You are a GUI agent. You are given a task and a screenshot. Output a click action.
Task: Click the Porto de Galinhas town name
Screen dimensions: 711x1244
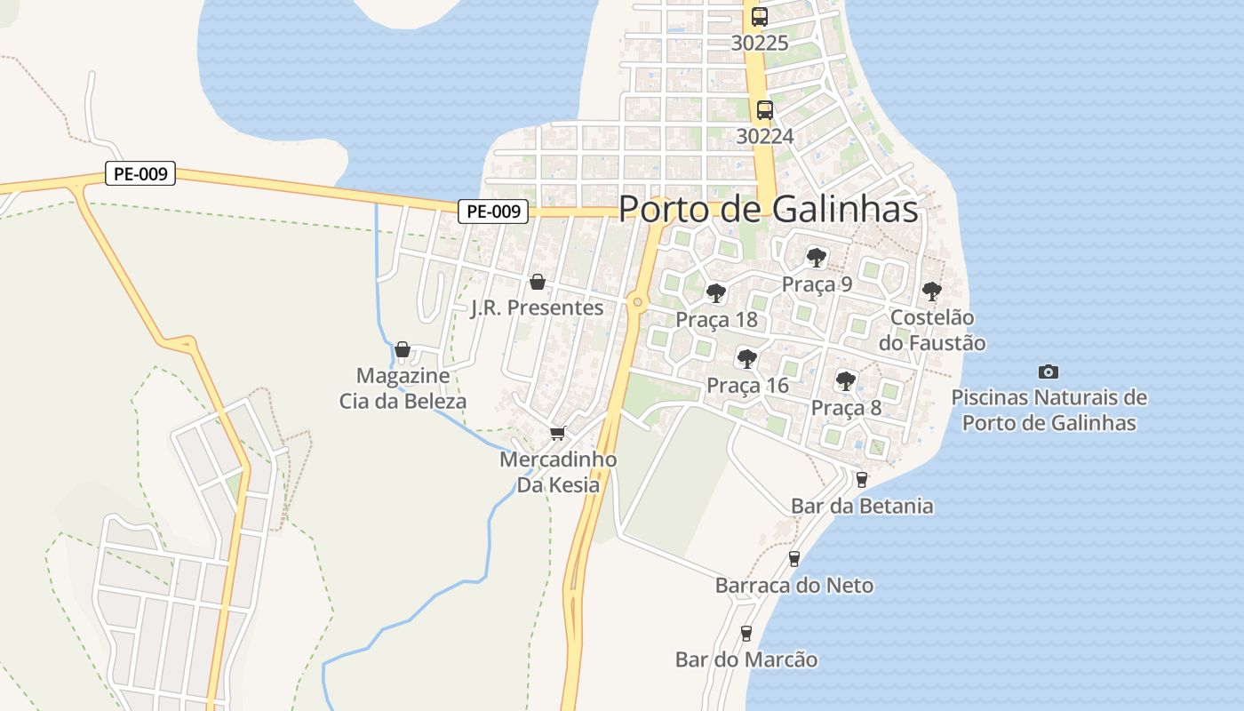pyautogui.click(x=768, y=208)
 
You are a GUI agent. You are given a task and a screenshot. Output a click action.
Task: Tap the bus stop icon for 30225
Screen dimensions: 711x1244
pyautogui.click(x=759, y=17)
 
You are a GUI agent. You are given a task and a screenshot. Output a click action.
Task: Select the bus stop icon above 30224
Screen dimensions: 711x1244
pyautogui.click(x=764, y=110)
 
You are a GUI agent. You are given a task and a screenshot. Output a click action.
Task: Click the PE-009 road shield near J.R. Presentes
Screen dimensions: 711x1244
pyautogui.click(x=493, y=212)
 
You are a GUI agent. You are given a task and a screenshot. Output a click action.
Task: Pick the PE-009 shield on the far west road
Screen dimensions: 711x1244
pyautogui.click(x=140, y=173)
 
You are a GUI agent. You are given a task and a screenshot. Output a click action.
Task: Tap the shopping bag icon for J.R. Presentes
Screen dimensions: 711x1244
pyautogui.click(x=537, y=283)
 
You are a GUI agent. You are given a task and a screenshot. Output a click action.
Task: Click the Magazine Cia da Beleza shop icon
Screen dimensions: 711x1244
pyautogui.click(x=403, y=349)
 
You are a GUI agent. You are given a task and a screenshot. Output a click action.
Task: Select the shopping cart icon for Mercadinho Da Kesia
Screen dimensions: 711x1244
pyautogui.click(x=557, y=434)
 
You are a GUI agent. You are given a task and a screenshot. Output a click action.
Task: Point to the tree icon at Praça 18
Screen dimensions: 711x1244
pyautogui.click(x=715, y=293)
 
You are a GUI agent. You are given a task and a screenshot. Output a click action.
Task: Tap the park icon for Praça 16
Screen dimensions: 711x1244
pyautogui.click(x=747, y=359)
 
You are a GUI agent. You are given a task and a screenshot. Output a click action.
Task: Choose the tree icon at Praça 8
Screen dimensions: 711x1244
pyautogui.click(x=846, y=381)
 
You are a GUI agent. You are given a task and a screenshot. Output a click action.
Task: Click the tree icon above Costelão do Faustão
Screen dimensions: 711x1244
pyautogui.click(x=931, y=292)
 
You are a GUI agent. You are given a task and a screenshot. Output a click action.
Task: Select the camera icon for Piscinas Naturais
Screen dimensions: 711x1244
pyautogui.click(x=1049, y=371)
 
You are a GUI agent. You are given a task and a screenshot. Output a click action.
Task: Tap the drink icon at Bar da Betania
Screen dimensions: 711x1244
pyautogui.click(x=861, y=480)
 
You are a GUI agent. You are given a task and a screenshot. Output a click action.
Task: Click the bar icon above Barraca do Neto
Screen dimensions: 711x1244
pyautogui.click(x=794, y=559)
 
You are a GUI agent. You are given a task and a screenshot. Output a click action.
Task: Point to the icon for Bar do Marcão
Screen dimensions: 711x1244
pyautogui.click(x=746, y=634)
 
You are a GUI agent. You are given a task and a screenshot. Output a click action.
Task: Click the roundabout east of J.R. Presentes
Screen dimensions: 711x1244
pyautogui.click(x=637, y=302)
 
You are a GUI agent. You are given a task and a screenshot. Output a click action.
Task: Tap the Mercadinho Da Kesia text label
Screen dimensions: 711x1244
pyautogui.click(x=558, y=473)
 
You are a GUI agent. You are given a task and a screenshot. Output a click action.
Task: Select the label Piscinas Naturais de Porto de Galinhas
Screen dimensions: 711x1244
pyautogui.click(x=1049, y=410)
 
